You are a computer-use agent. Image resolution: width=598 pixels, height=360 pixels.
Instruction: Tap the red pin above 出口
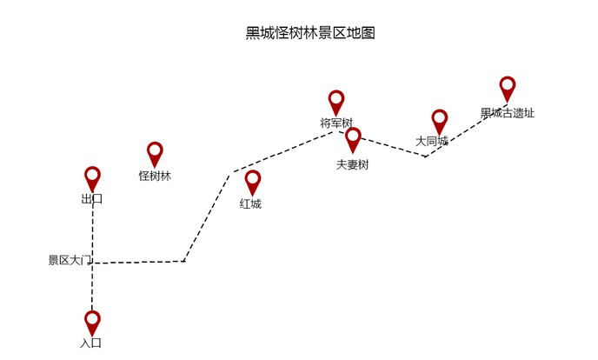tap(92, 178)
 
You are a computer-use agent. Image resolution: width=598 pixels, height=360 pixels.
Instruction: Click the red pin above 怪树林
tap(155, 154)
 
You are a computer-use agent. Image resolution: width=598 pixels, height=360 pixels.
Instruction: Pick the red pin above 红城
tap(252, 182)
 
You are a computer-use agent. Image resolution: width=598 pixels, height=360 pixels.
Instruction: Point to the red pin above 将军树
tap(336, 102)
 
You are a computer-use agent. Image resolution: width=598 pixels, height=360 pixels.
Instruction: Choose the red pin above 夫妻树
tap(353, 138)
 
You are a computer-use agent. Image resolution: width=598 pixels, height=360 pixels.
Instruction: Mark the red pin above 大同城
tap(440, 121)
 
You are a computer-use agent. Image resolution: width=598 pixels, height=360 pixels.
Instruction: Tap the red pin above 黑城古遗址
tap(508, 88)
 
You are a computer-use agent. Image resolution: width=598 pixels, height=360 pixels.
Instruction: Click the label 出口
tap(92, 199)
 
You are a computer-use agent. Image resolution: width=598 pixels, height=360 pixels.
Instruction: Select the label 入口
tap(91, 343)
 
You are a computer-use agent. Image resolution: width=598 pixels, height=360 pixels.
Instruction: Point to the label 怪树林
tap(155, 176)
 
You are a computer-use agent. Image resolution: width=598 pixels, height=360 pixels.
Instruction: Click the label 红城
tap(250, 204)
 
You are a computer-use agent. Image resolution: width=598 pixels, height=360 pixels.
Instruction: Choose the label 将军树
tap(336, 123)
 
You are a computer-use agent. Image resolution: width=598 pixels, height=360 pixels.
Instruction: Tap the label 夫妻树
tap(352, 164)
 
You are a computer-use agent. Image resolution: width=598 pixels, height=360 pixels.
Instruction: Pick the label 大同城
tap(432, 141)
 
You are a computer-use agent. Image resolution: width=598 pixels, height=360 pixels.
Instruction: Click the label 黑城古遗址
tap(508, 113)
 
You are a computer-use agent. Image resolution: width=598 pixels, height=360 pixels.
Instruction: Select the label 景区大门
tap(70, 260)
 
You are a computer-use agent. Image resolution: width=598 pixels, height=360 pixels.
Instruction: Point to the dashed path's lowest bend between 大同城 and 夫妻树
tap(425, 157)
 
